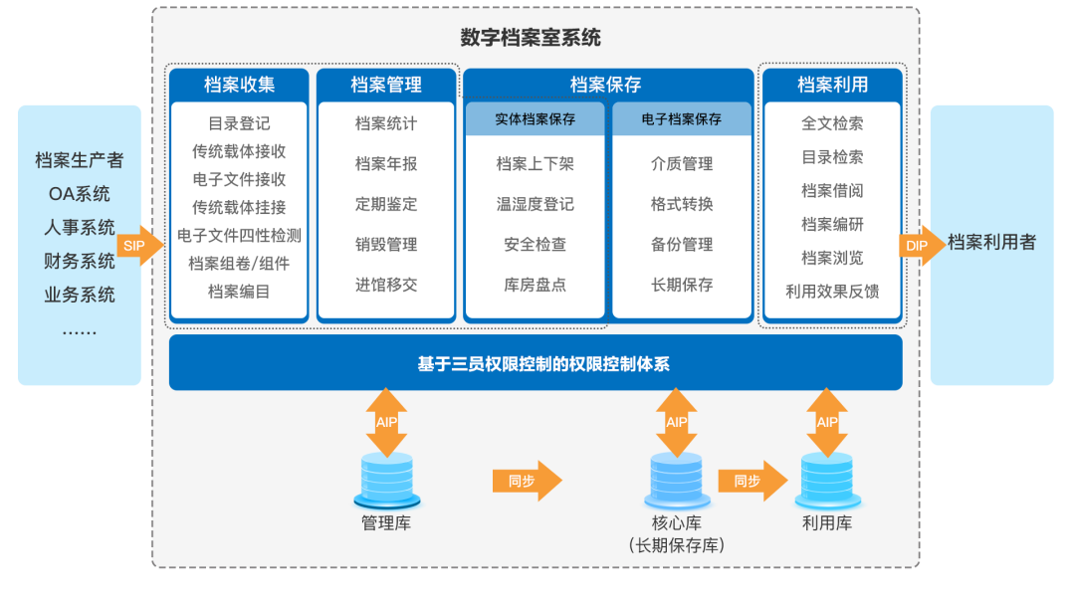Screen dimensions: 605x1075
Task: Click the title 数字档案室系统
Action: click(x=531, y=39)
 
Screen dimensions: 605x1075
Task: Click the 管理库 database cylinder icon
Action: click(x=387, y=480)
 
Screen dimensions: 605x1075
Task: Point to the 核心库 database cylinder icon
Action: click(x=678, y=480)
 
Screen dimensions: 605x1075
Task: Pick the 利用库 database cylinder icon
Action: click(x=827, y=480)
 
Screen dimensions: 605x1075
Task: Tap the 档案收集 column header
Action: click(x=239, y=85)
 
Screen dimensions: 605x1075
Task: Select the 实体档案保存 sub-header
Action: click(x=536, y=119)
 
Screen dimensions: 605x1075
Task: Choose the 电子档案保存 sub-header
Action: click(x=682, y=119)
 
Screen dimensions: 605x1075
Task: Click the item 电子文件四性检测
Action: click(x=239, y=236)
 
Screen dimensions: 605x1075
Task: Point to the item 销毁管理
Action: click(x=386, y=245)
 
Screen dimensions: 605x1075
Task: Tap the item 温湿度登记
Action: click(x=536, y=204)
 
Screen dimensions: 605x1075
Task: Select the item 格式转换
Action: click(x=682, y=204)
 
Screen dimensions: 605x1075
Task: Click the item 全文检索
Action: click(x=832, y=123)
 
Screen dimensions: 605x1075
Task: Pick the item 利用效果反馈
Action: click(x=832, y=292)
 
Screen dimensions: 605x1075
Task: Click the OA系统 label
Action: click(x=80, y=194)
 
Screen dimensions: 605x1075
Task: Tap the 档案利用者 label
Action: click(x=991, y=243)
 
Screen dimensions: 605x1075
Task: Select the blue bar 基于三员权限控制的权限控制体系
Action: click(x=536, y=363)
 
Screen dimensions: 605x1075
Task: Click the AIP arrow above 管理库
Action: click(x=387, y=422)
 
